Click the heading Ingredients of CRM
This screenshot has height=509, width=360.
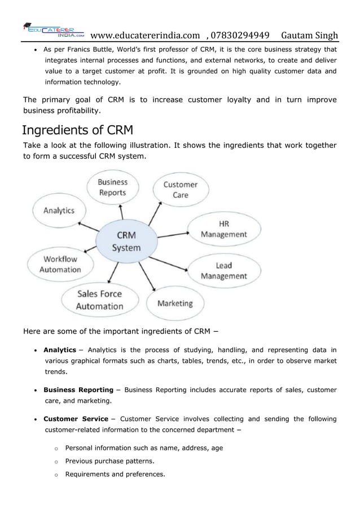click(77, 131)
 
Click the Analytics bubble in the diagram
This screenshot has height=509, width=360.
click(59, 210)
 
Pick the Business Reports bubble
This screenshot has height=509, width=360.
click(113, 187)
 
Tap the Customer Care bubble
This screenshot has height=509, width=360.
click(180, 190)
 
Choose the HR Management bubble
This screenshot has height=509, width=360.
click(224, 229)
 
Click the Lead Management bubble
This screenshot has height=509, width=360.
click(224, 271)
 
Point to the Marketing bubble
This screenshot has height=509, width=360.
click(175, 303)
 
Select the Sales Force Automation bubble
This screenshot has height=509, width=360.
click(100, 300)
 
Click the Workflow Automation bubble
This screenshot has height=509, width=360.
click(60, 264)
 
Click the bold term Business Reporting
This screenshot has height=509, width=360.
click(78, 390)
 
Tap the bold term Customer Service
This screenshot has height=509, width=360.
click(76, 419)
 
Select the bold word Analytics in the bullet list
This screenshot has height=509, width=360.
click(60, 350)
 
